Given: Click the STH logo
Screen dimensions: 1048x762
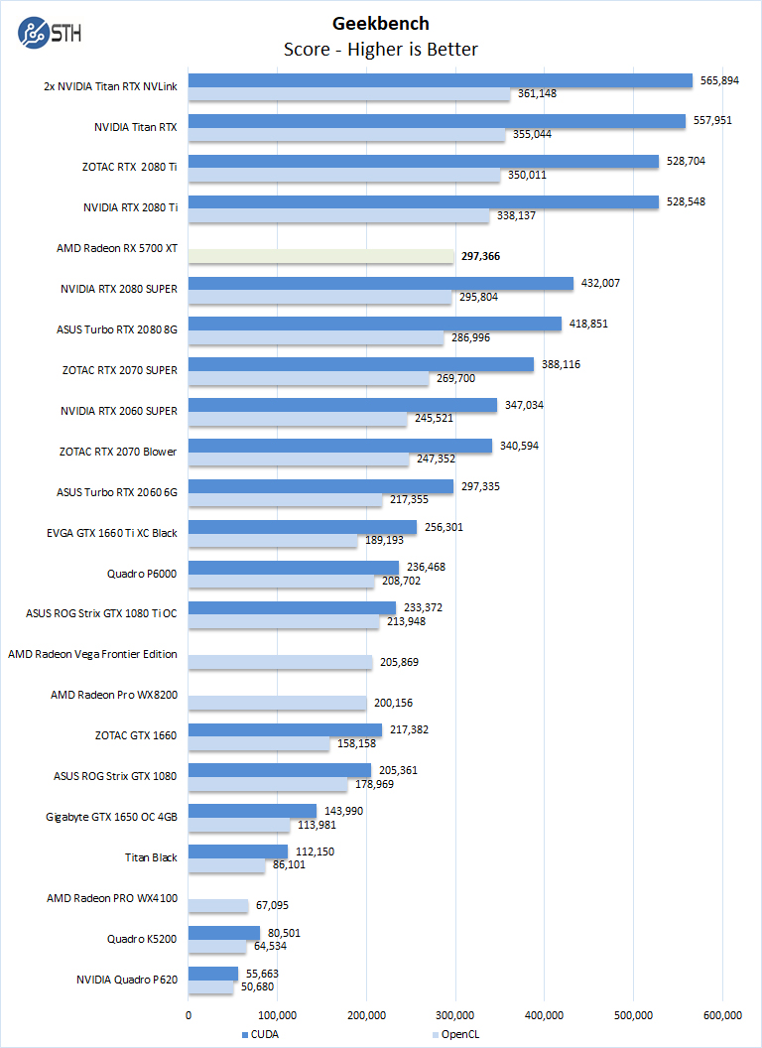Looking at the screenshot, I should tap(50, 32).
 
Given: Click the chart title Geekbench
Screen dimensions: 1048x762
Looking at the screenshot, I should tap(381, 23).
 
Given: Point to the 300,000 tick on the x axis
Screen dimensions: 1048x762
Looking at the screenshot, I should tap(455, 1014).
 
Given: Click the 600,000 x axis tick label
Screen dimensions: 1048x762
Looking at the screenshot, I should tap(722, 1014).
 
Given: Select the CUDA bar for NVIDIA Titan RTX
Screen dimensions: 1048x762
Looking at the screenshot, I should tap(437, 121).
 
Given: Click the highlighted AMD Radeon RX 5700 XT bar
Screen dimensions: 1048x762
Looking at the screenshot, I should tap(321, 256).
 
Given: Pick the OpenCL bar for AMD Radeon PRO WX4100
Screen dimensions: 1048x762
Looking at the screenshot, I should tap(218, 906).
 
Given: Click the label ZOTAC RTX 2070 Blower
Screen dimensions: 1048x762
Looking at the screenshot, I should tap(118, 452).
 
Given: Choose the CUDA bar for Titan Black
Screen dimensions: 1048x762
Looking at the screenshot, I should tap(238, 851).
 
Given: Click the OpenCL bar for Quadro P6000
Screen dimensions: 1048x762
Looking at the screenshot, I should tap(282, 582).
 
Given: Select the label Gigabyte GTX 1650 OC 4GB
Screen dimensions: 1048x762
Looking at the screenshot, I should tap(111, 817).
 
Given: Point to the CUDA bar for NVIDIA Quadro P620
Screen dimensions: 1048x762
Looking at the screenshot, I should tap(213, 974).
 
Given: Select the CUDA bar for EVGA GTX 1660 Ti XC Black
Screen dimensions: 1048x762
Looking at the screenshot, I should tap(303, 527).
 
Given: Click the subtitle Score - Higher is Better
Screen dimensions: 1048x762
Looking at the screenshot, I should tap(381, 49).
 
